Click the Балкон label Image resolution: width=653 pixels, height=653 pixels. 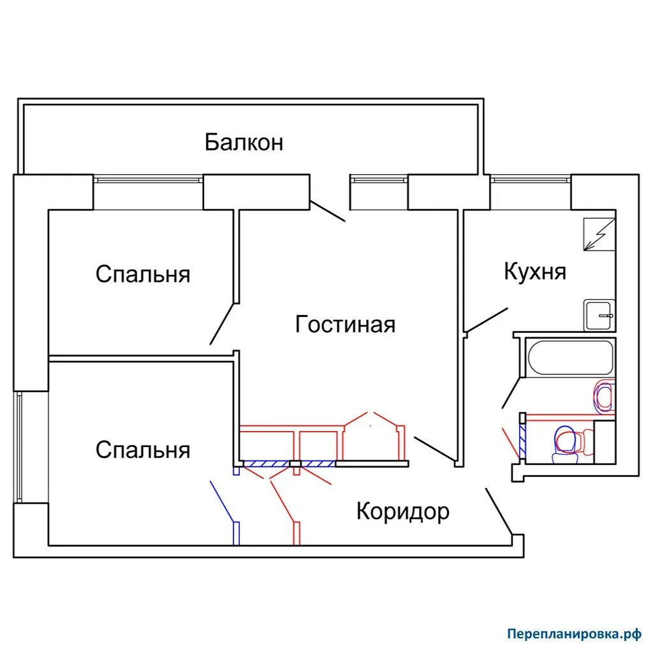[244, 142]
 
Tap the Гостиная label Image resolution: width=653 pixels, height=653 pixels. [345, 325]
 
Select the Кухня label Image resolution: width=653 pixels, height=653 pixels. [534, 272]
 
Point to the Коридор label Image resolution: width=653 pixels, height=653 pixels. [402, 511]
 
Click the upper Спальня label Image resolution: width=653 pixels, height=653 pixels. [143, 274]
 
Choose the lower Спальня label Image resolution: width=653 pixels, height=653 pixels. [143, 450]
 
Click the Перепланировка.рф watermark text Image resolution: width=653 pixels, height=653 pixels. [573, 634]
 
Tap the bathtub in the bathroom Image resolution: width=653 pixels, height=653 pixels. [569, 357]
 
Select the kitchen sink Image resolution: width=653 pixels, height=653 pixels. [599, 315]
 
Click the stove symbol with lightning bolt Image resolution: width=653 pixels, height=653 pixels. [600, 234]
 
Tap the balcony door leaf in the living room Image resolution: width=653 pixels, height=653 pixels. [328, 210]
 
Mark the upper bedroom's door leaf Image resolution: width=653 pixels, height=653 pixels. [222, 324]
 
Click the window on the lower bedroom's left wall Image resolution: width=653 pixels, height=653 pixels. [19, 447]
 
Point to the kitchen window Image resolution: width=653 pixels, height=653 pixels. [531, 179]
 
